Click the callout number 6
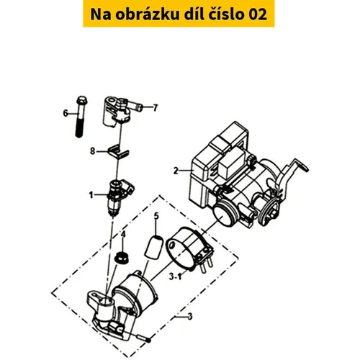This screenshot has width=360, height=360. [66, 113]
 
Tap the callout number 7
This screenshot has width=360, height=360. [156, 108]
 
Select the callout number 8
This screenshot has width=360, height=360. [93, 151]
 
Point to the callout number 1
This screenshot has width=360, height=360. [91, 195]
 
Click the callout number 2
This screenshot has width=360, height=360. [176, 171]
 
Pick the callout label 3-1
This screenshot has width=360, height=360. [175, 277]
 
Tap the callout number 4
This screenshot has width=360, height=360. [123, 234]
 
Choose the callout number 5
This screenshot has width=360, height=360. [156, 216]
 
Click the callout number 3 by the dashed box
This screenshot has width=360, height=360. [190, 317]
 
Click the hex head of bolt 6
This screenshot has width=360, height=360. [82, 99]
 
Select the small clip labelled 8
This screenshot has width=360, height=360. [118, 153]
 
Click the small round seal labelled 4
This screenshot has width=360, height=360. [122, 257]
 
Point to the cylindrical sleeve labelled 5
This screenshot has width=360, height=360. [154, 247]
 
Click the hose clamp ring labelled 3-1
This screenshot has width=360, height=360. [189, 250]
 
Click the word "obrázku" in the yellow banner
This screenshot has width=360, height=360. [148, 14]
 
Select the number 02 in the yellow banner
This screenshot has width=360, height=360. [257, 14]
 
